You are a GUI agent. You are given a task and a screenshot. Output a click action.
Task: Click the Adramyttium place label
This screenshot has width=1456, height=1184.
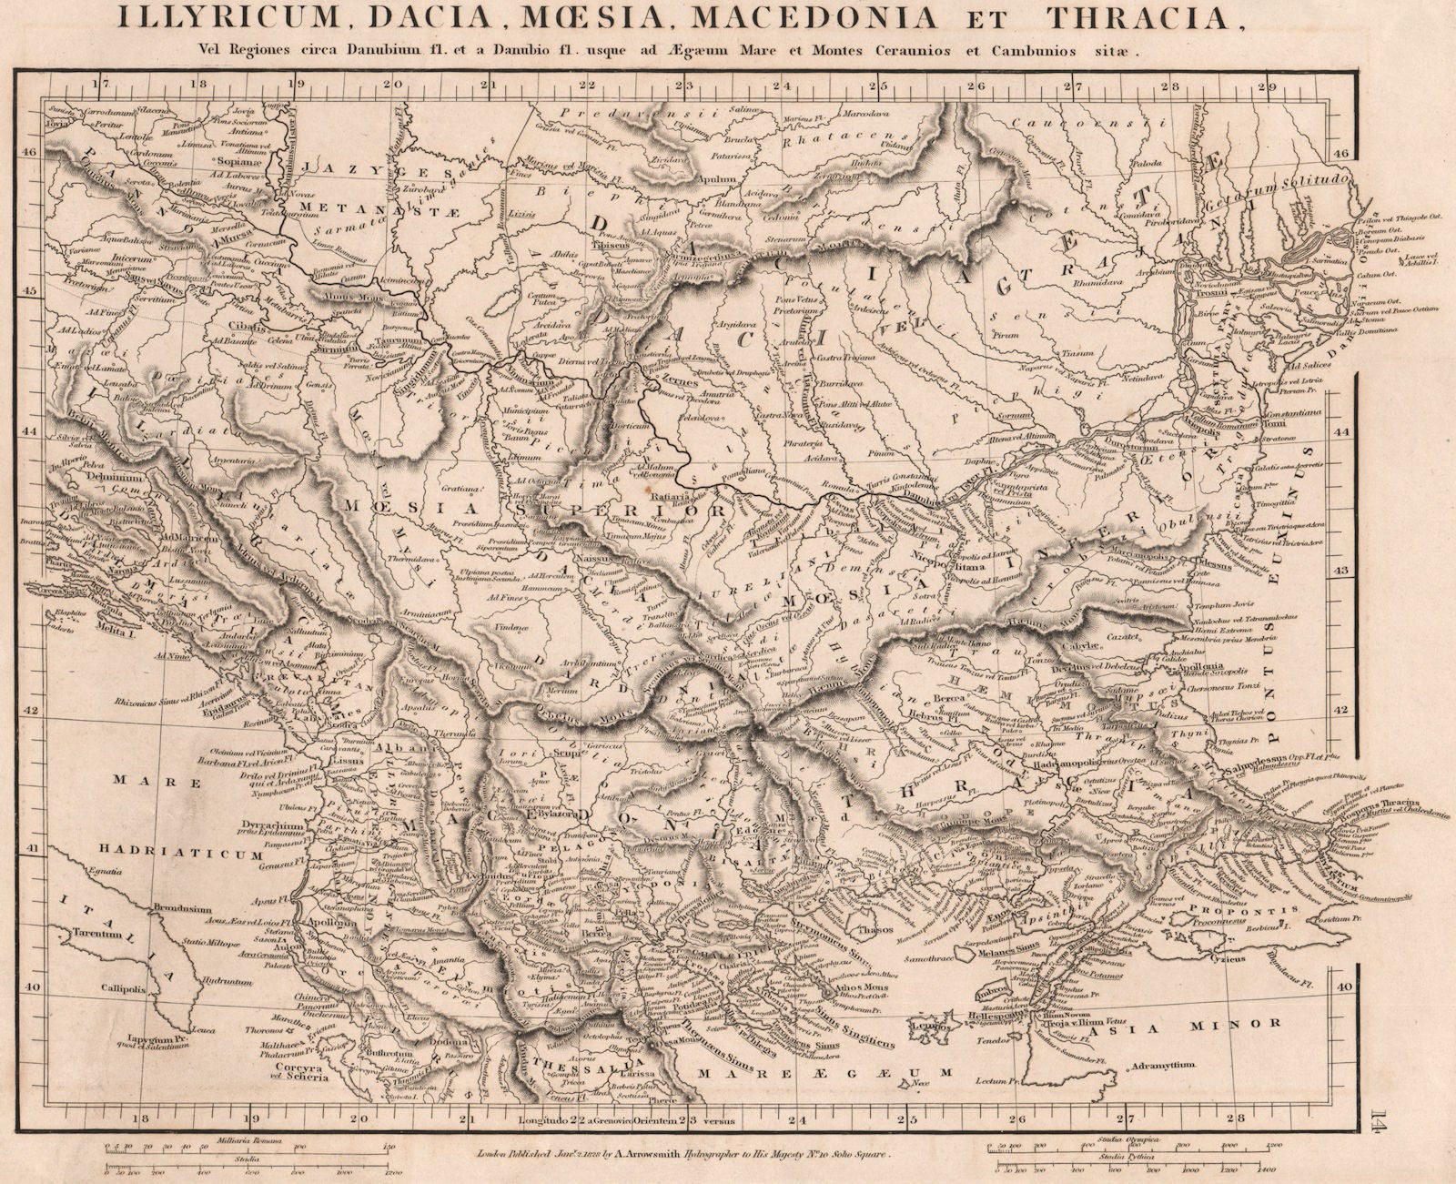1161,1065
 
